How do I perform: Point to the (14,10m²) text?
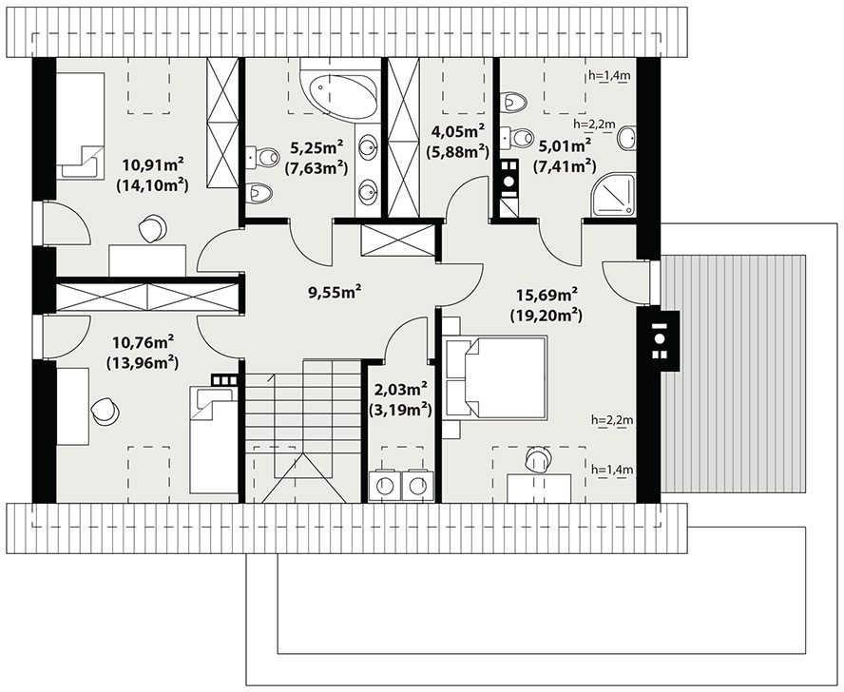tap(151, 185)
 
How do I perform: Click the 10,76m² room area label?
tap(143, 342)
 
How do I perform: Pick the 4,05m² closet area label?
tap(457, 131)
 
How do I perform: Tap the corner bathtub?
tap(338, 90)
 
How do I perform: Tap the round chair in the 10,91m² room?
tap(153, 228)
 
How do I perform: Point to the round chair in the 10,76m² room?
tap(105, 411)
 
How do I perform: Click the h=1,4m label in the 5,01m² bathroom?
tap(609, 75)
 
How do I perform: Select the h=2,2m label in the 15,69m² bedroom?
tap(611, 419)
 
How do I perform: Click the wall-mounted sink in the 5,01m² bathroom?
tap(627, 138)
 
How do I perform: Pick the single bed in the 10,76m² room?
tap(213, 442)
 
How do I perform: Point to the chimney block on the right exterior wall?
tap(660, 339)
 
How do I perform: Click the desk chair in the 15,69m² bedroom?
tap(538, 460)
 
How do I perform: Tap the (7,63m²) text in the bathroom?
tap(316, 168)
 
